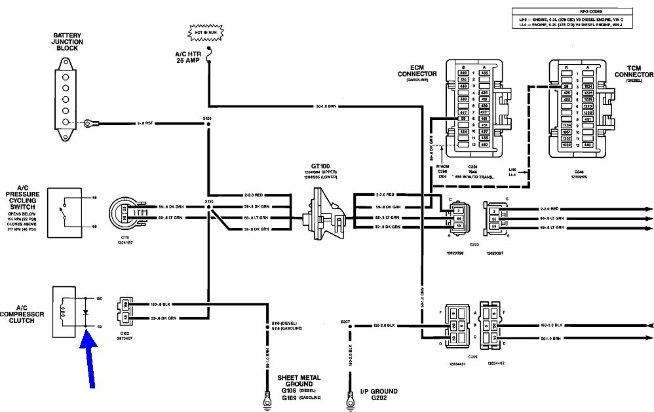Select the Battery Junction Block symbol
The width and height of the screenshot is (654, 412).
pos(65,98)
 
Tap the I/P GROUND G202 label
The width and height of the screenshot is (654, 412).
pos(377,395)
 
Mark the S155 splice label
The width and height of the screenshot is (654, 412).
pos(208,119)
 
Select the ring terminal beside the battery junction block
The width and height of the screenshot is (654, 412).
pos(90,122)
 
